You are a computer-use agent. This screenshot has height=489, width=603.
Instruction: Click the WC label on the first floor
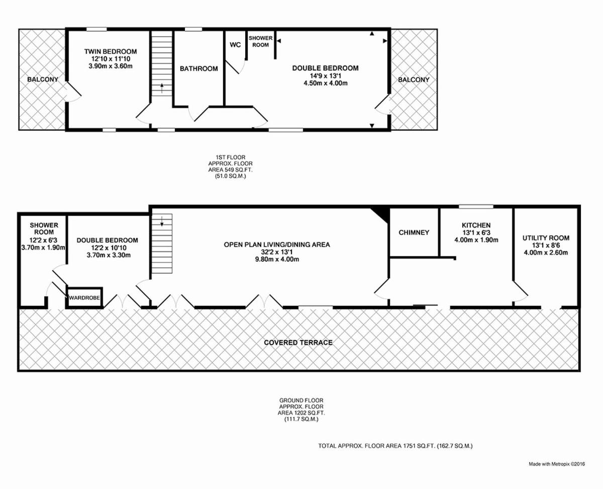point(235,45)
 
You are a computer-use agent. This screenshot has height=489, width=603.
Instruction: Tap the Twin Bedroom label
point(111,52)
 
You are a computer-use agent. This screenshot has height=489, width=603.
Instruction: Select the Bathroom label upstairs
point(198,68)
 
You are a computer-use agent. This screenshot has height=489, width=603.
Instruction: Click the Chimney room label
point(414,232)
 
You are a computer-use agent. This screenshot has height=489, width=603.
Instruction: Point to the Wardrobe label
point(84,298)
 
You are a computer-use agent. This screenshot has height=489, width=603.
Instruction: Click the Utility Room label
point(546,238)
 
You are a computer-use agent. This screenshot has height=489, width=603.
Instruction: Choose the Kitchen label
point(476,225)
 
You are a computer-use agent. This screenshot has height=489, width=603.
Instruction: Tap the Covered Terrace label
point(298,343)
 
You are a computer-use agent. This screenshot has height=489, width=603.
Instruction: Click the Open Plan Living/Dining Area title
point(277,244)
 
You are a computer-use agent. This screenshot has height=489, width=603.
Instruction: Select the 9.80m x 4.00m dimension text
point(277,259)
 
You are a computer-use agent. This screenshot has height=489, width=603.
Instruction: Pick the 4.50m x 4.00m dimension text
point(326,83)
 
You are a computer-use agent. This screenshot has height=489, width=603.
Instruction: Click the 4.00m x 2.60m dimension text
point(546,253)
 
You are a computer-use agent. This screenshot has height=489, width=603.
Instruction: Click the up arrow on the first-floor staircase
point(162,88)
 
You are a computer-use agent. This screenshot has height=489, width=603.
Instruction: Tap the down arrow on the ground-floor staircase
point(162,221)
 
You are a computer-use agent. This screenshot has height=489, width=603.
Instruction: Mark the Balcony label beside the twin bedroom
point(43,79)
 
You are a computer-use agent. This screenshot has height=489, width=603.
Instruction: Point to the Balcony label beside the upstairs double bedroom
point(414,80)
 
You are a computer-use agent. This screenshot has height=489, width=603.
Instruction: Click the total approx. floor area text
point(395,446)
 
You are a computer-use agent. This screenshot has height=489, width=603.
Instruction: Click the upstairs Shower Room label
point(260,41)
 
